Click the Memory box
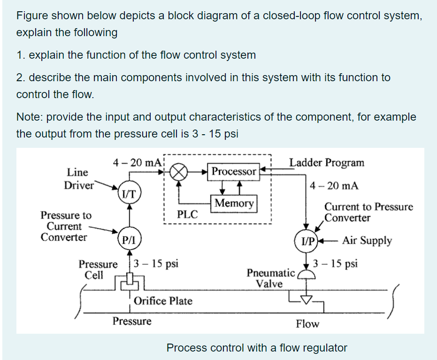tap(234, 203)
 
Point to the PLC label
tap(188, 215)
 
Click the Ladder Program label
tap(327, 163)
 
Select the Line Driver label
tap(79, 178)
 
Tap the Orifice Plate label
tap(163, 301)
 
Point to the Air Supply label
tap(367, 241)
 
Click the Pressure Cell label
tap(98, 269)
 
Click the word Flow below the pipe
tap(307, 323)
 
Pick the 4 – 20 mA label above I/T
tap(137, 163)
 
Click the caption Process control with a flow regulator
tap(257, 348)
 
